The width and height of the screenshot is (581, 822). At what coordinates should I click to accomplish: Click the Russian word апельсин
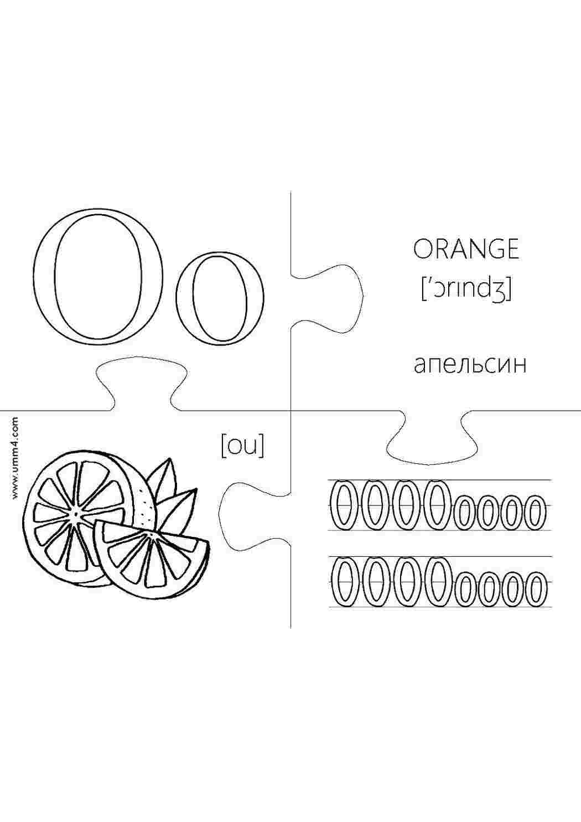(x=470, y=365)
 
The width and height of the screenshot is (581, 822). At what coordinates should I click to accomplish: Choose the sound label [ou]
(x=242, y=446)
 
